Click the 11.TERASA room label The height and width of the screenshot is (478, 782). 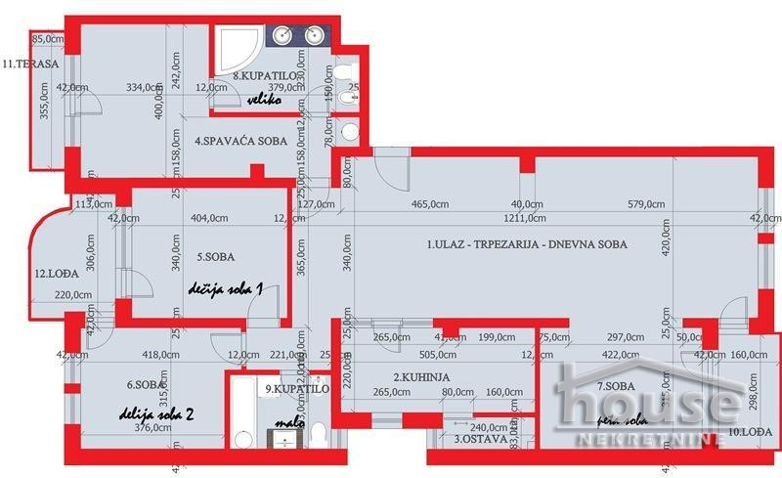coord(31,65)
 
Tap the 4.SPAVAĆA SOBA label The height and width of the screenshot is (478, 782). coord(240,142)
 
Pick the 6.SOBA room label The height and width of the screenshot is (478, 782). coord(143,385)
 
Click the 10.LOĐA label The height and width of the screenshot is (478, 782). coord(750,431)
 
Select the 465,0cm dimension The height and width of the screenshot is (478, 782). coord(435,203)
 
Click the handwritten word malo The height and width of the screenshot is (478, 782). coord(289,424)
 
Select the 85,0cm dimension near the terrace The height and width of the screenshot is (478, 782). coord(49,40)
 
